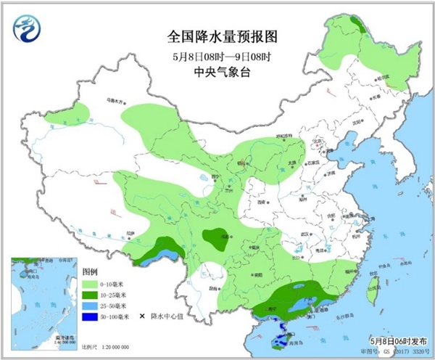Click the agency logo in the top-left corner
click(x=26, y=28)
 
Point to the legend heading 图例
click(x=89, y=270)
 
